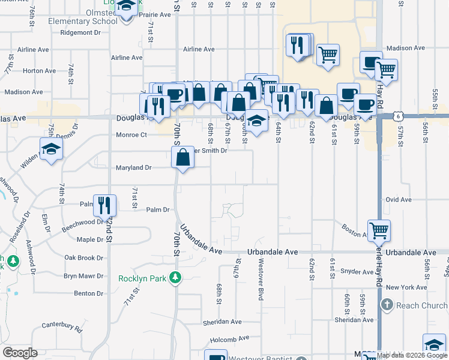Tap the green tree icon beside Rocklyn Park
point(175,277)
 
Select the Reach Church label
point(421,305)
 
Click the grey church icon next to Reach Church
point(387,305)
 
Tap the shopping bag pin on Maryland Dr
point(182,158)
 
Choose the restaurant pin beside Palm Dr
point(105,205)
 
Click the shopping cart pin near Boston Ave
point(379,230)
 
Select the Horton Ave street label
point(39,71)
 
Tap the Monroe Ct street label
point(131,135)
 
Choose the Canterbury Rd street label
point(62,326)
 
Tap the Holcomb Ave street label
point(221,338)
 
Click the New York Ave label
point(407,287)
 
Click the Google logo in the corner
point(20,353)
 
